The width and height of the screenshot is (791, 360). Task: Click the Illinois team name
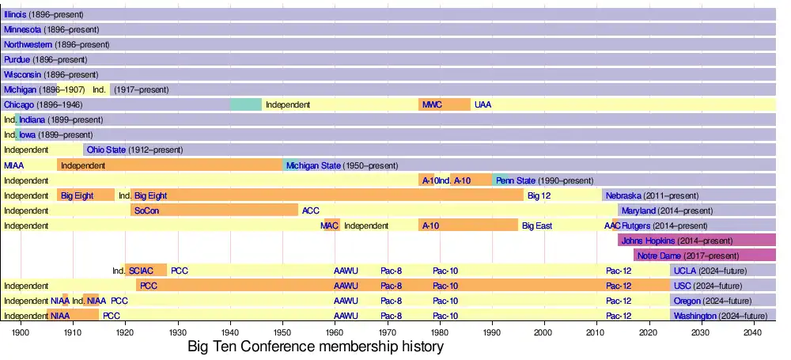coord(15,14)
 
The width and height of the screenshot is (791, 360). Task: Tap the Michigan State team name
coord(313,165)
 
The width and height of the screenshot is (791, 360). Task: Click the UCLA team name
coord(684,271)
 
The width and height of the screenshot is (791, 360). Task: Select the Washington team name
coord(695,316)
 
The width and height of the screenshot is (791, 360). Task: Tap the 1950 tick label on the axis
coord(283,333)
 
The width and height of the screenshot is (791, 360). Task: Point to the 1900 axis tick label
coord(21,333)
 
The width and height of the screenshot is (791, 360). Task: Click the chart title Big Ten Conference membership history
coord(316,347)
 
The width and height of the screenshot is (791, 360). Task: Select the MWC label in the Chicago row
coord(432,104)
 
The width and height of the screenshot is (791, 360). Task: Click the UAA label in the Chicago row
coord(483,104)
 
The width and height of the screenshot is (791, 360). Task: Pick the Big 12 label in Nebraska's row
coord(539,195)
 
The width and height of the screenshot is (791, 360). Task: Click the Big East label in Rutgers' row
coord(537,225)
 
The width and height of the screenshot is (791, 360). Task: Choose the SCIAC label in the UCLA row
coord(142,271)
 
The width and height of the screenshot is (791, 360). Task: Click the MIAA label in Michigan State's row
coord(13,165)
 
